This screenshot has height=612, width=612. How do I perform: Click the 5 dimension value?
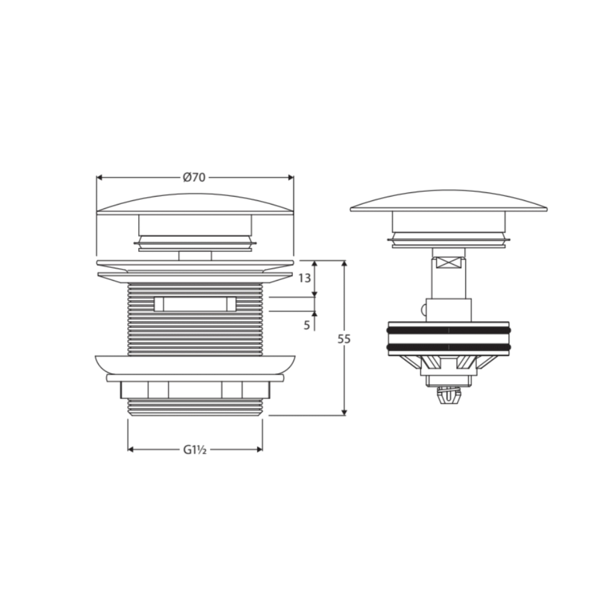pos(307,325)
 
